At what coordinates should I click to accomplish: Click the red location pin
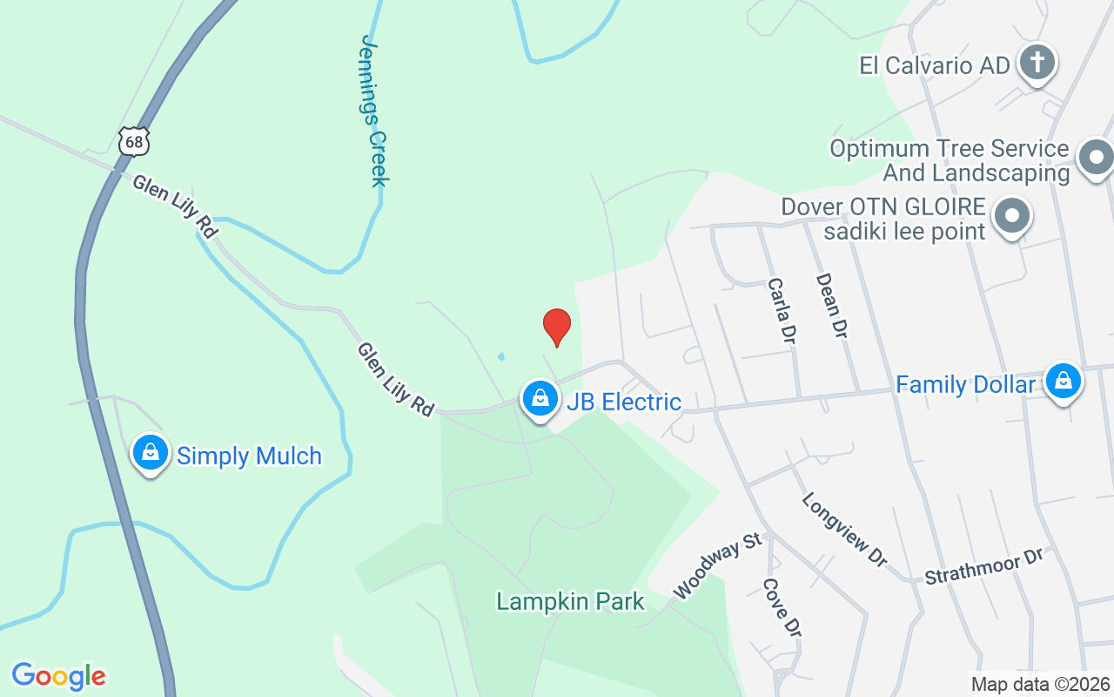(x=557, y=327)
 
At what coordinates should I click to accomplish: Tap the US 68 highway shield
(x=135, y=141)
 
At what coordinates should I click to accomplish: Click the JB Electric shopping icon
(x=540, y=399)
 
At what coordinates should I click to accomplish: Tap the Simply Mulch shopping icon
(x=151, y=453)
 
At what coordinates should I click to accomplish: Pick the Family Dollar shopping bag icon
(x=1063, y=381)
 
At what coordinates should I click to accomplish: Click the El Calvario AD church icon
(x=1037, y=63)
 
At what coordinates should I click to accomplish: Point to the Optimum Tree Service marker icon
(x=1095, y=159)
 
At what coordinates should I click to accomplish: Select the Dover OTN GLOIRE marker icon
(x=1013, y=214)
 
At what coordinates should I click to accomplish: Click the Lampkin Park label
(x=570, y=601)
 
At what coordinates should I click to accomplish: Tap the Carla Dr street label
(x=782, y=309)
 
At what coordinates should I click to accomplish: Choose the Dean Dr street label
(x=831, y=305)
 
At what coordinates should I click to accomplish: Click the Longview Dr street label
(x=843, y=530)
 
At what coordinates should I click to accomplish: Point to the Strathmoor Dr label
(x=983, y=566)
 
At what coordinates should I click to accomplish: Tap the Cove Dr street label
(x=781, y=607)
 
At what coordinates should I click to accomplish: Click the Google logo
(x=58, y=676)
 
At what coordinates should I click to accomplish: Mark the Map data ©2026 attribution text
(x=1040, y=685)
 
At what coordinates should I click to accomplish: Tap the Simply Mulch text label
(x=249, y=456)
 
